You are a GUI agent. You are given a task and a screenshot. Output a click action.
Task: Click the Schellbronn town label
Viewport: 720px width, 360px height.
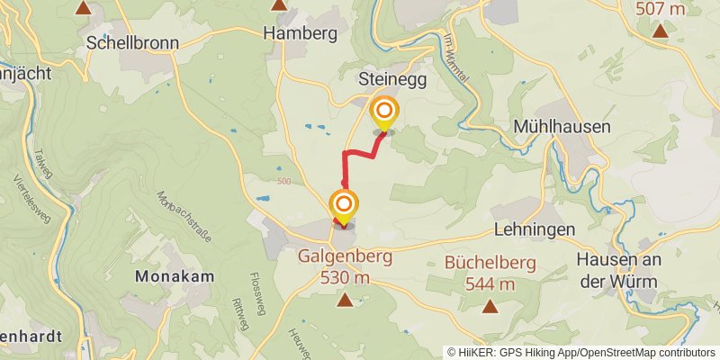tap(122, 43)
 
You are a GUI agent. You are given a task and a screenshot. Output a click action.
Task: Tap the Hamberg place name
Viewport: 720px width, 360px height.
tap(300, 33)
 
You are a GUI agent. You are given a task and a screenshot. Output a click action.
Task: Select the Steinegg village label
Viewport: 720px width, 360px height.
tap(391, 79)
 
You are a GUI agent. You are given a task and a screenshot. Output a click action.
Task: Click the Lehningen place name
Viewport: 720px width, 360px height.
tap(534, 230)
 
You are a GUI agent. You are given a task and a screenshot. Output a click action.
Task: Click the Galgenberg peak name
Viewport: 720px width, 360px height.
tap(346, 256)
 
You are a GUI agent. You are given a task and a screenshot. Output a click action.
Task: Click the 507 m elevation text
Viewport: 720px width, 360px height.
tap(660, 10)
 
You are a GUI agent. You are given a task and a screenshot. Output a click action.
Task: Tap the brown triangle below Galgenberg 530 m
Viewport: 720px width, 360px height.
tap(344, 299)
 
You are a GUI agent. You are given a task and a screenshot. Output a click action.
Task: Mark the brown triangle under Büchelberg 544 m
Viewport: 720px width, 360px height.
tap(490, 306)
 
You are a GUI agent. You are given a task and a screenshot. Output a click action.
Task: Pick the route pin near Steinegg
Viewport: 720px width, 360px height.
tap(385, 112)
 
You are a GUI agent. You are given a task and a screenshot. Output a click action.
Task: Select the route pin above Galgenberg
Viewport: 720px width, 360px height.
tap(344, 204)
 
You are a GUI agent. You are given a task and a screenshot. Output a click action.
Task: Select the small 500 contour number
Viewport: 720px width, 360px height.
tap(285, 182)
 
